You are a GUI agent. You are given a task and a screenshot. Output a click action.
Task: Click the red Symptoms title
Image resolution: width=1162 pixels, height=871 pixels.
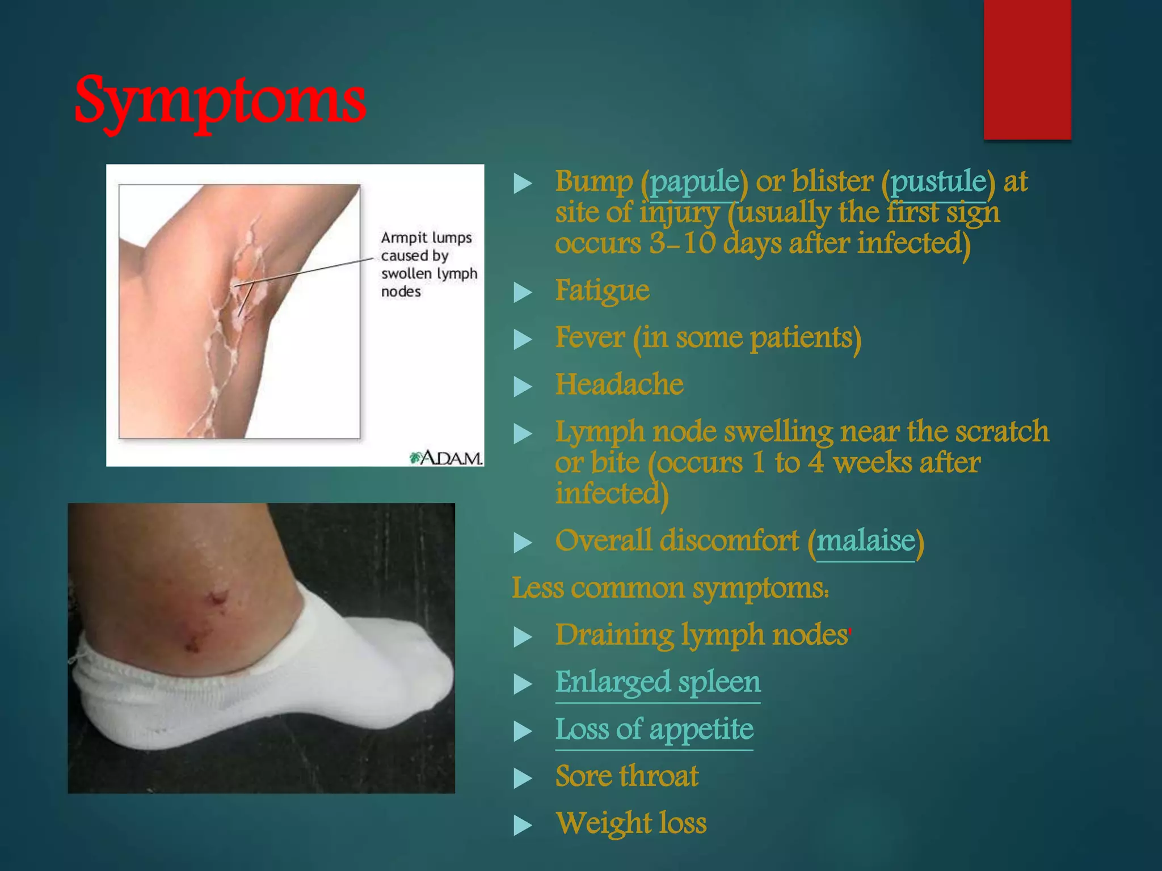click(220, 101)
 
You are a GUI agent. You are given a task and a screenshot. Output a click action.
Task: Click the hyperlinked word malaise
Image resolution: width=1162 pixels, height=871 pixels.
click(865, 541)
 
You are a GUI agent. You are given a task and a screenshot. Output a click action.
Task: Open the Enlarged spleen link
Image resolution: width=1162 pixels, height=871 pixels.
click(657, 682)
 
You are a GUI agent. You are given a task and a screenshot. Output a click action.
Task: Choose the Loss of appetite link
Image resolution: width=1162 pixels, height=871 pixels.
click(654, 729)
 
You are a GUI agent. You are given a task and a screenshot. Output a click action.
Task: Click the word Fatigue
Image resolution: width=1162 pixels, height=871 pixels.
click(602, 291)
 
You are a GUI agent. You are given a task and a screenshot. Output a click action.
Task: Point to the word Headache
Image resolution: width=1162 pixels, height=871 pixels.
click(619, 385)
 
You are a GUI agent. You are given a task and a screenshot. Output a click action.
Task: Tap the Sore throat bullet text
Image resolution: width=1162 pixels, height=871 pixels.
click(626, 776)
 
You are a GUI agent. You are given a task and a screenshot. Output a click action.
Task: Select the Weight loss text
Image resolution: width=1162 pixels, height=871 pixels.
click(630, 823)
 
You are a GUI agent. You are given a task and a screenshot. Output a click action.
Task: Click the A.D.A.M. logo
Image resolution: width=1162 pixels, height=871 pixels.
click(447, 458)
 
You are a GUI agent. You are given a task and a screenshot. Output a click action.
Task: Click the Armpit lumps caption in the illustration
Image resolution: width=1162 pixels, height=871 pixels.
click(428, 264)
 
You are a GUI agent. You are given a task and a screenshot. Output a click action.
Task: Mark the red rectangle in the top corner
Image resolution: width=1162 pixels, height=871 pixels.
click(1027, 69)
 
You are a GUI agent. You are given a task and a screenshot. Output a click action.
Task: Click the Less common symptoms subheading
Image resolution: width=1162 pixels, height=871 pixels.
click(670, 588)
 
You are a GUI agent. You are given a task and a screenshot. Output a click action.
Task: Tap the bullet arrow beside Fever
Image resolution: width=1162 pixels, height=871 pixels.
click(522, 340)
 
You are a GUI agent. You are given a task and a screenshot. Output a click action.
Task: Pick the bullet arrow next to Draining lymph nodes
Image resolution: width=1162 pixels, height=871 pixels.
click(522, 637)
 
